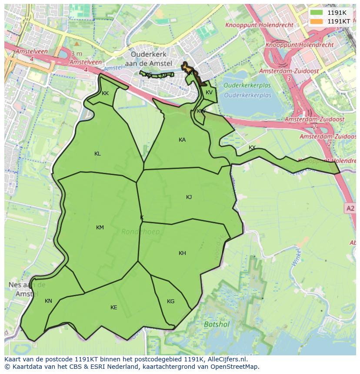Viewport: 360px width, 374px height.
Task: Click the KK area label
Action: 105,93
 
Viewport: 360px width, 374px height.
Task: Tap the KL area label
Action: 97,154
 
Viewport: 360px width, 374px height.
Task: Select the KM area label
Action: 100,228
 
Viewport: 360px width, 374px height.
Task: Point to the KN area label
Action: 48,301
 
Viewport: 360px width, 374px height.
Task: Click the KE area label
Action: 113,308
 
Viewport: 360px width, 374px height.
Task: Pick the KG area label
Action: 170,301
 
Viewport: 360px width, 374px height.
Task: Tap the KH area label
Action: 182,253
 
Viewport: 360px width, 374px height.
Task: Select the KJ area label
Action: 189,197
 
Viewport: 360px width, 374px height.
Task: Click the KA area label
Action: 182,140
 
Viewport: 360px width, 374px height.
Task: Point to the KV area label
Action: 209,93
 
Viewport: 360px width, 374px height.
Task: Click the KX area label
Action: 252,148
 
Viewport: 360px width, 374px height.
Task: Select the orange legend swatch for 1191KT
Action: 317,21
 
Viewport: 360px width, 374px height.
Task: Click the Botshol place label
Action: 217,324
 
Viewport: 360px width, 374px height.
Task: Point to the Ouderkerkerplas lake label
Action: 247,90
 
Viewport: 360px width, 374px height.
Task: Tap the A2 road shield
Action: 350,209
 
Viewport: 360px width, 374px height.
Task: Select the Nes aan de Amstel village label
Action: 27,289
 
